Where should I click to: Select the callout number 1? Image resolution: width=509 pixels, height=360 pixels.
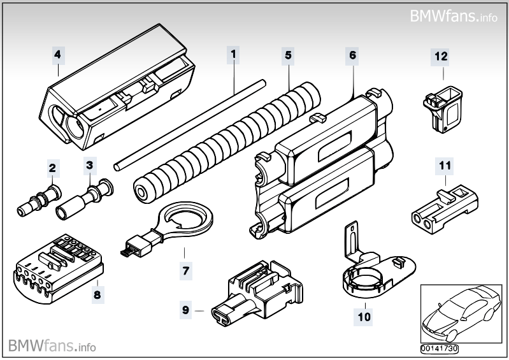pyautogui.click(x=234, y=55)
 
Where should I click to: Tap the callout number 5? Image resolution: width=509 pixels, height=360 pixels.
pyautogui.click(x=288, y=55)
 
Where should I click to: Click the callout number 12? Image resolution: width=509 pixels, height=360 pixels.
pyautogui.click(x=441, y=56)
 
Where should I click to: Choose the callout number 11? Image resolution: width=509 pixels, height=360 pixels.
pyautogui.click(x=443, y=166)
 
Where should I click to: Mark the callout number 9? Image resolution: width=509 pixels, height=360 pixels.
pyautogui.click(x=186, y=310)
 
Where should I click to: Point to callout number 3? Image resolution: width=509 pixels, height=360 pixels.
pyautogui.click(x=90, y=166)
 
